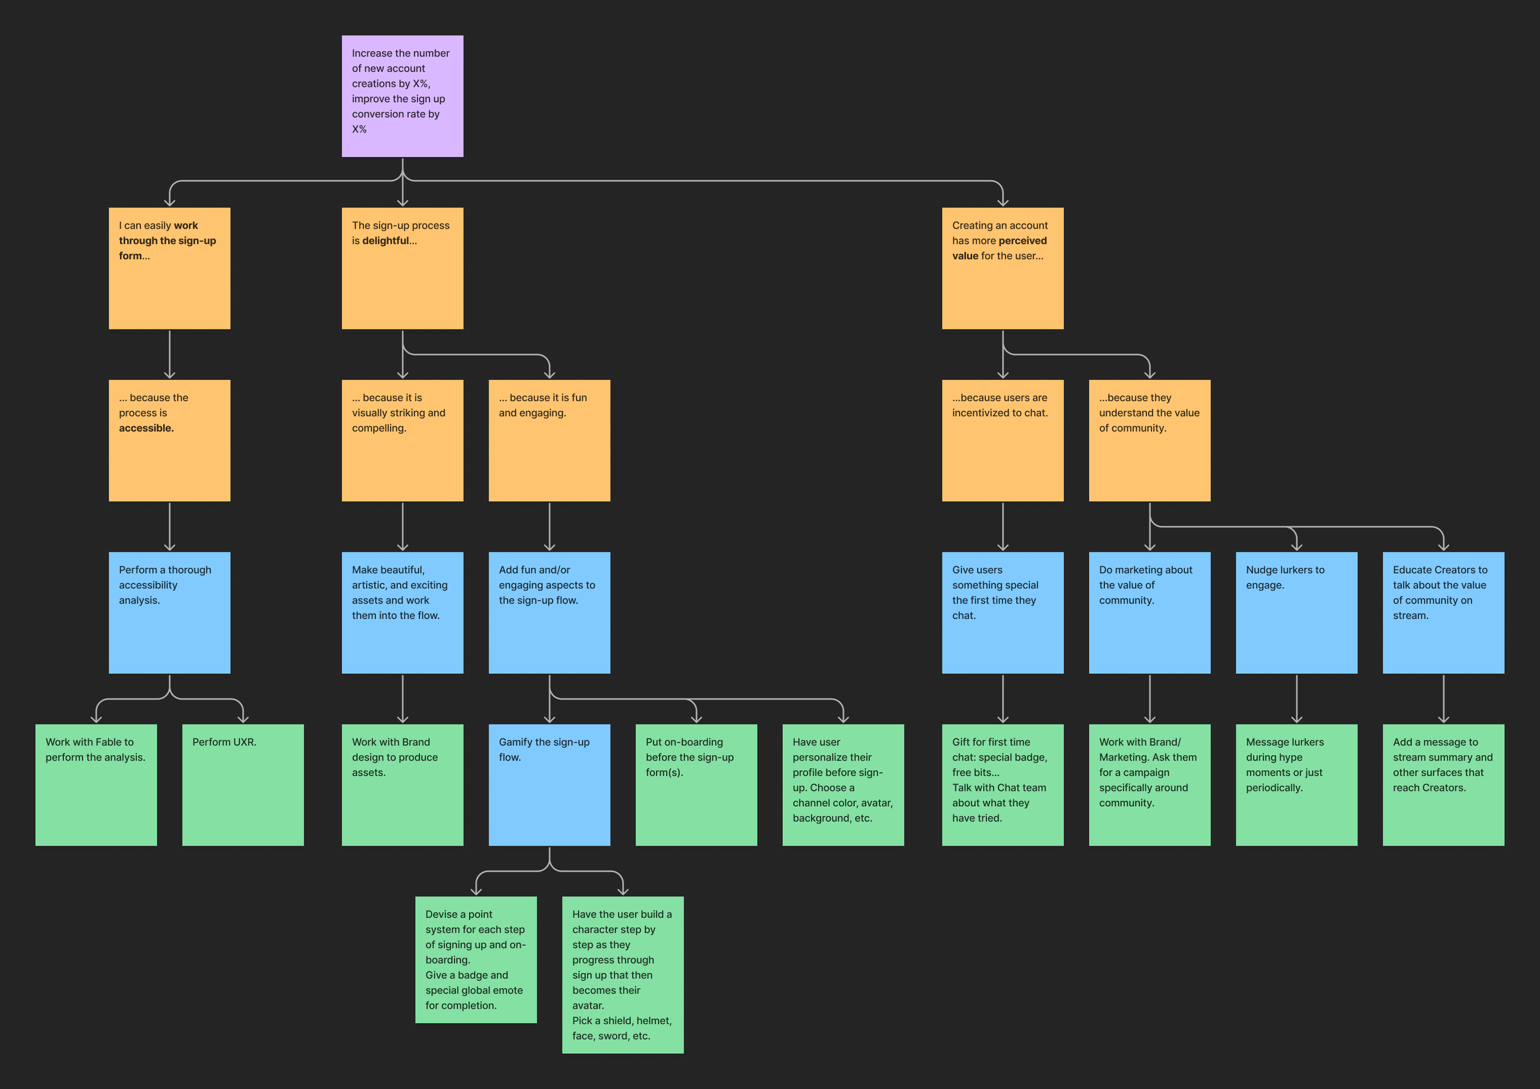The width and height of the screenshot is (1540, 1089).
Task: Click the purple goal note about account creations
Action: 402,96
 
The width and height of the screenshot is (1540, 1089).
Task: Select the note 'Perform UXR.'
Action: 243,785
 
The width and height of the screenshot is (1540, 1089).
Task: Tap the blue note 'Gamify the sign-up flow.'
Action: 549,785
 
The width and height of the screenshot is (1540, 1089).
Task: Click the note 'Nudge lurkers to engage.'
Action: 1296,612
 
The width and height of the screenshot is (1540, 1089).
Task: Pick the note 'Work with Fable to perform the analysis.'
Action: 96,785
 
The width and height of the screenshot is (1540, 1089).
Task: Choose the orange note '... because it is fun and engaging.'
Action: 549,440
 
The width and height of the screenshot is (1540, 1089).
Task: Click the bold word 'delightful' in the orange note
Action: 385,241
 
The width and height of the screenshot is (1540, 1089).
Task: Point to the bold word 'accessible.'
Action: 146,428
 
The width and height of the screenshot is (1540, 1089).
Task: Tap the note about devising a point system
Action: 476,959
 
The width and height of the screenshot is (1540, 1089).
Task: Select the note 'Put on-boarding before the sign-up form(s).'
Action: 695,785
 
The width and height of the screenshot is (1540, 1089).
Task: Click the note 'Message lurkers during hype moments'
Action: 1296,785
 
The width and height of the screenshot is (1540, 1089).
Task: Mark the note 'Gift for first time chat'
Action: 1002,785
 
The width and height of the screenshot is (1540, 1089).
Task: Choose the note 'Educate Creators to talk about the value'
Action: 1443,612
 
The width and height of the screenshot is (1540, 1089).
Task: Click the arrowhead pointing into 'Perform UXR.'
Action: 243,718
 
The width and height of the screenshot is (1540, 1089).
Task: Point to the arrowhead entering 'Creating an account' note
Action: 1002,202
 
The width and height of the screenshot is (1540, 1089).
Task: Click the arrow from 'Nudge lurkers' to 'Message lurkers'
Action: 1296,697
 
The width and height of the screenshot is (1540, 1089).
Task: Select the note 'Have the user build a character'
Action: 622,974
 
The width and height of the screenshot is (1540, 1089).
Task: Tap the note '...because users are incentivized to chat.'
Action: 1002,440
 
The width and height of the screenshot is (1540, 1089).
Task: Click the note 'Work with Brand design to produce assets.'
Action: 402,785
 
